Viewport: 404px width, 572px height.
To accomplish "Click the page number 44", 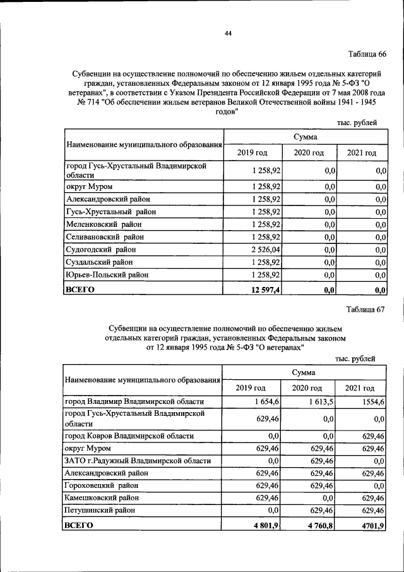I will pos(228,33).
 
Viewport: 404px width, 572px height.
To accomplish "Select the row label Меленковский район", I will pos(104,224).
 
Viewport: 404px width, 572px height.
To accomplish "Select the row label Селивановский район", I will pos(105,236).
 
